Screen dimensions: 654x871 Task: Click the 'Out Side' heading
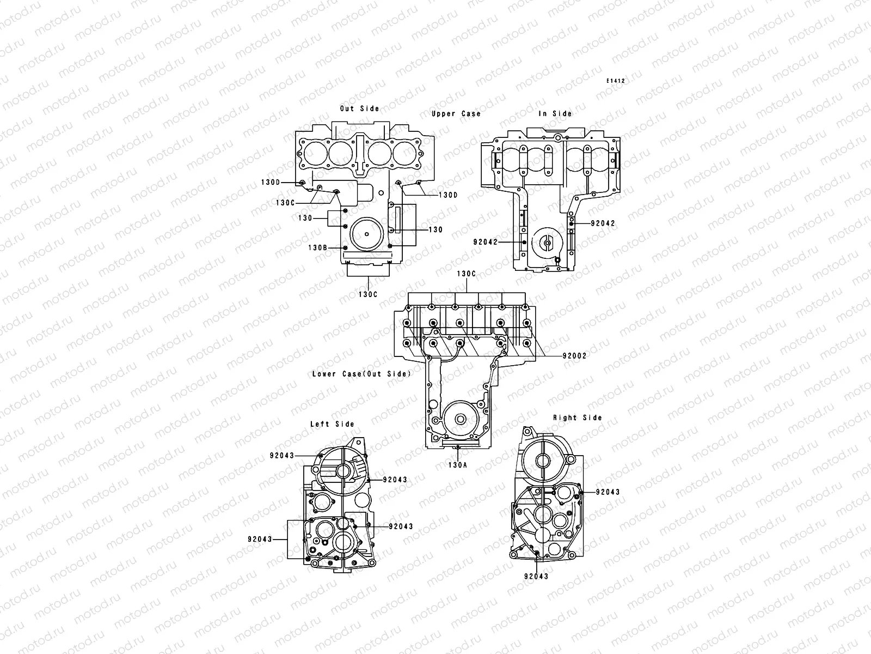pos(359,108)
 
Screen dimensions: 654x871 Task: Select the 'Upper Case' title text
pos(456,113)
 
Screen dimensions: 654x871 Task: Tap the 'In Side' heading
pos(555,113)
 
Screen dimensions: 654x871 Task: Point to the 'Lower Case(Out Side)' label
pos(361,374)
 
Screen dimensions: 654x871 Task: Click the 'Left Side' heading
pos(332,423)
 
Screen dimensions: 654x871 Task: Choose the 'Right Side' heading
pos(578,417)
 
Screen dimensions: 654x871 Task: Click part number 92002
pos(575,355)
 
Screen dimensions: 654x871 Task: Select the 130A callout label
pos(457,465)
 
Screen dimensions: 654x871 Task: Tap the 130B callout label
pos(318,247)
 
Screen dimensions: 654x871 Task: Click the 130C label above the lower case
pos(466,274)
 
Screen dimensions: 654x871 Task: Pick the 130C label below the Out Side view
pos(368,294)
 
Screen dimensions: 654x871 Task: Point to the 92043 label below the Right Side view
pos(536,576)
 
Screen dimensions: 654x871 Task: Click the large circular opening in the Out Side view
pos(367,234)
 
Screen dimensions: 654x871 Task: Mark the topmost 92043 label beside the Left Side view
pos(282,455)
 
